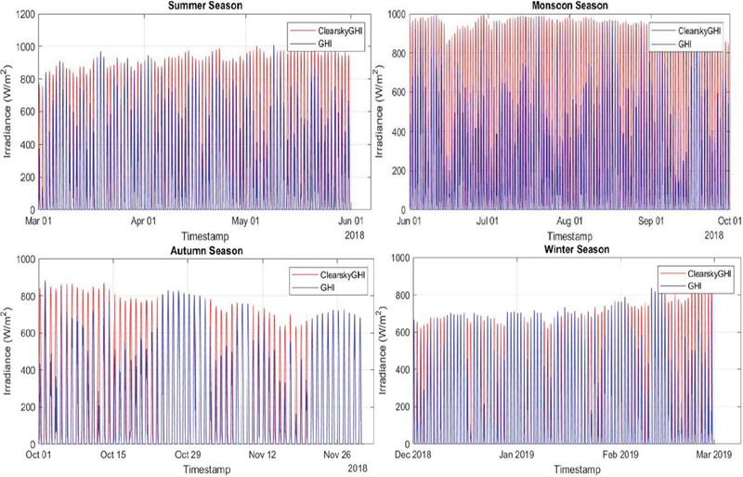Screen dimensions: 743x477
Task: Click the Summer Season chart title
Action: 205,6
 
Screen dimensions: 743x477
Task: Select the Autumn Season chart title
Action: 206,251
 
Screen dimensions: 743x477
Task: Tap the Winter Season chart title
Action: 577,249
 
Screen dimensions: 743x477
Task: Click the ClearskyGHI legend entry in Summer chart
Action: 338,31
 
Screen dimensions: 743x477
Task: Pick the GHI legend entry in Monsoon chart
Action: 684,44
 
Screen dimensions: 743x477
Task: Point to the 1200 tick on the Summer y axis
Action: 25,14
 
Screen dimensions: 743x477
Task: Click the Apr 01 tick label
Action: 143,220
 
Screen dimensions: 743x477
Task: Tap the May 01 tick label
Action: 245,220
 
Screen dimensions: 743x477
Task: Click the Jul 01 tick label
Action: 487,220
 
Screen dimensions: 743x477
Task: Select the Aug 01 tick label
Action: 569,220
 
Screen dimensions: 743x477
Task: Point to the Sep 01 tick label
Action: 652,220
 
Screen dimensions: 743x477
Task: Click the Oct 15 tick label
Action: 113,455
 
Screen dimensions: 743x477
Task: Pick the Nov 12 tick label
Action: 262,455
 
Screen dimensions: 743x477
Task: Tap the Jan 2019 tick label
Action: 516,455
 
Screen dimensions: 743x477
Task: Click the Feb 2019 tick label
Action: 619,455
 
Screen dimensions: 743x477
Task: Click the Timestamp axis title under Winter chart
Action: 577,470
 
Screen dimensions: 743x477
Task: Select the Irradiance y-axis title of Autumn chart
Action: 8,351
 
